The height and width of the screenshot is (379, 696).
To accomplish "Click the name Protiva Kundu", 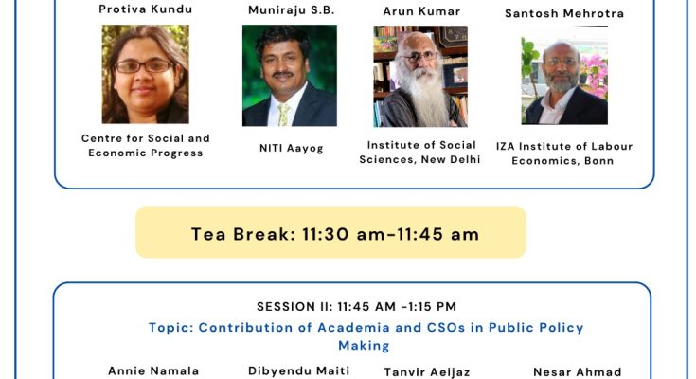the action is click(x=146, y=9).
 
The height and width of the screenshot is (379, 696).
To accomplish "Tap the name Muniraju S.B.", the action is click(x=292, y=10).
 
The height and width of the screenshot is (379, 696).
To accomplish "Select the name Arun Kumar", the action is click(x=421, y=11).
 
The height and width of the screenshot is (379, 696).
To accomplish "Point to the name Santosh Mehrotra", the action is click(x=564, y=13).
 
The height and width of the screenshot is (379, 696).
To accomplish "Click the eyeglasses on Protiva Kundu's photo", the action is click(x=144, y=66).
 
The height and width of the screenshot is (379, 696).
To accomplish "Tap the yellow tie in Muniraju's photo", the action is click(x=283, y=115).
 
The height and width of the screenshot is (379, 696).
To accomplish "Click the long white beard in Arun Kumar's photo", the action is click(x=421, y=98).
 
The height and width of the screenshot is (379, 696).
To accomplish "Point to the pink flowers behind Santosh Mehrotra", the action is click(x=594, y=73).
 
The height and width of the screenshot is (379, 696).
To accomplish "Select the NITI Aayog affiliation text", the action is click(x=292, y=148).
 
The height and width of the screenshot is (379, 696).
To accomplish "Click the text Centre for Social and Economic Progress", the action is click(x=146, y=146).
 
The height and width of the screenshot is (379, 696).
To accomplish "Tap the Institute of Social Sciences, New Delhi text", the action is click(x=419, y=152).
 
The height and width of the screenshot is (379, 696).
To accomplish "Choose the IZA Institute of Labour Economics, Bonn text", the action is click(x=564, y=153).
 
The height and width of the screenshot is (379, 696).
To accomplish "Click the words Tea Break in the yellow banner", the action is click(x=243, y=234).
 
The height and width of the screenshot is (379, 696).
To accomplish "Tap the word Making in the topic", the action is click(x=364, y=345).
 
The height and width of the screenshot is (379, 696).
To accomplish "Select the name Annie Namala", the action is click(x=153, y=370).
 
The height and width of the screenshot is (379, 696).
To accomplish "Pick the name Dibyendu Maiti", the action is click(x=298, y=370).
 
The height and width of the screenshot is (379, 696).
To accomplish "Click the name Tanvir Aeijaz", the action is click(x=426, y=371).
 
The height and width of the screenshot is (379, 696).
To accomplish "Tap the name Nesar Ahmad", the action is click(x=577, y=371).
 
